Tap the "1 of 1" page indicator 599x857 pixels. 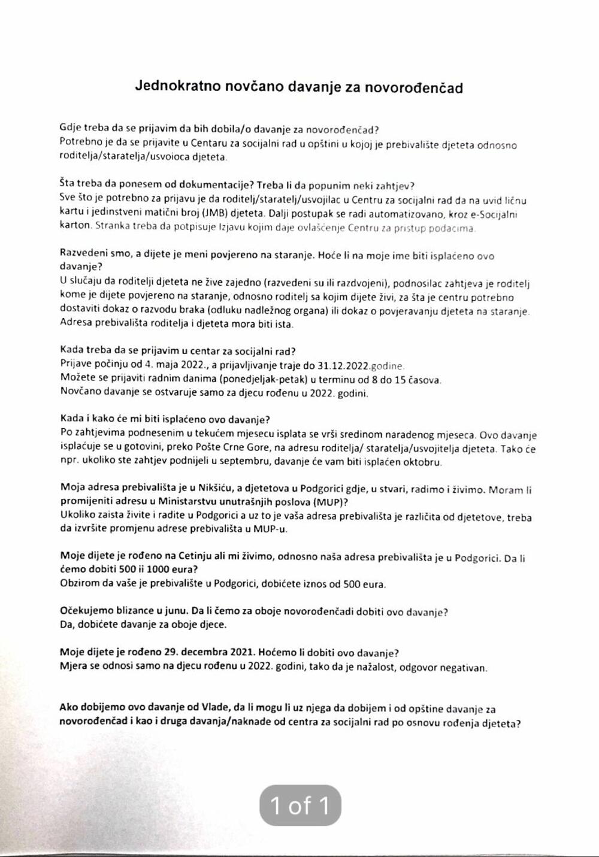[x=300, y=805]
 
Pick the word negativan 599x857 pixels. [x=464, y=668]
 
